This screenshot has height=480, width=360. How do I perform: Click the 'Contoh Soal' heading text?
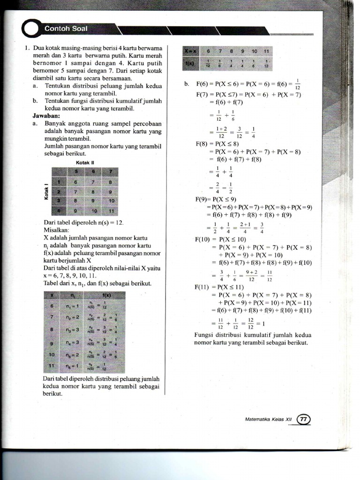(x=66, y=29)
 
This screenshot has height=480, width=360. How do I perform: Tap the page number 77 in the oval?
(x=304, y=419)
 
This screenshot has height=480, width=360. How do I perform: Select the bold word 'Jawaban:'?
(x=46, y=115)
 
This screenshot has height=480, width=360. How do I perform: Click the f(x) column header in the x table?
(x=106, y=295)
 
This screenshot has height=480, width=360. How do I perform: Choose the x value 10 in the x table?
(x=53, y=354)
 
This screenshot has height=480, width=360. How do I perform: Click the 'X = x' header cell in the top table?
(x=191, y=50)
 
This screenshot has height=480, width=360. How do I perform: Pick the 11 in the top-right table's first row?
(x=266, y=50)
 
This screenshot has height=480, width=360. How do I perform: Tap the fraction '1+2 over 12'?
(x=221, y=132)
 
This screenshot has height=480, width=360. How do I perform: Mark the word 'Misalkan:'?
(x=56, y=230)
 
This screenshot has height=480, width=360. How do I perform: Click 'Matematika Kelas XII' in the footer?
(x=269, y=420)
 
